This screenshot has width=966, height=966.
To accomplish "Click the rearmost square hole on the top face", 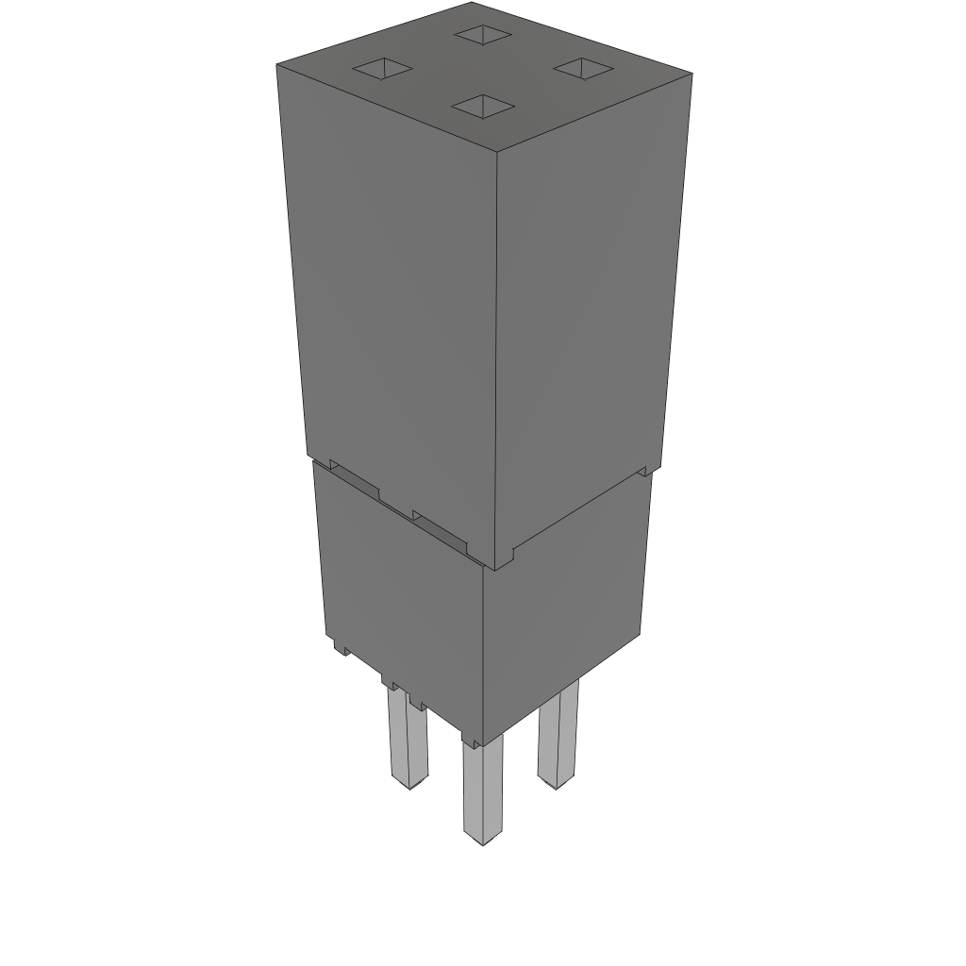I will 482,35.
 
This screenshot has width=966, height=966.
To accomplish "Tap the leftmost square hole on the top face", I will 382,68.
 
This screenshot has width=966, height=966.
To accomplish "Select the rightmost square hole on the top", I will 582,68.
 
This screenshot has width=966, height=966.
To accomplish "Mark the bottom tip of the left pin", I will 409,784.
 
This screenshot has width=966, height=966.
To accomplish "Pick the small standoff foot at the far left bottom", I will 341,647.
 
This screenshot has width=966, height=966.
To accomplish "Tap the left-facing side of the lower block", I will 401,594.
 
